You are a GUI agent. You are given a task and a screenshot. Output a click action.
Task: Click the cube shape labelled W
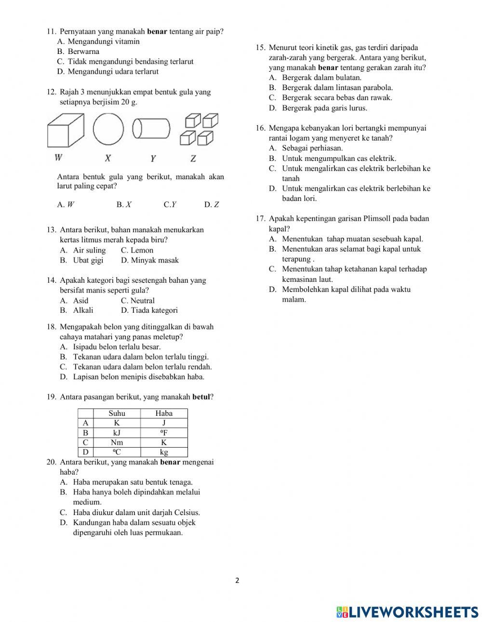[x=66, y=131]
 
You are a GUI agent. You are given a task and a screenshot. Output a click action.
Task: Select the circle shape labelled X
[x=108, y=129]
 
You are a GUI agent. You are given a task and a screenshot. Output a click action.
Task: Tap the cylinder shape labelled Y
[x=151, y=129]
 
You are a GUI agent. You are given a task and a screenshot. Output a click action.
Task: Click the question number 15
[x=260, y=47]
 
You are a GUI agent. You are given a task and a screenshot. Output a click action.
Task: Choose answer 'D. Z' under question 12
[x=212, y=204]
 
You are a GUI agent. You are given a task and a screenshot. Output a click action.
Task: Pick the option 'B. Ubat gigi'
[x=81, y=260]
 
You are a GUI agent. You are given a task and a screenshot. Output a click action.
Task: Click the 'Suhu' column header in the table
[x=117, y=413]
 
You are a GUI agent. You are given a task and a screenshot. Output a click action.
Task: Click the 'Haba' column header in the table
[x=164, y=413]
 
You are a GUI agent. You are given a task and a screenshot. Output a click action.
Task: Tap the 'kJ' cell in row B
[x=117, y=433]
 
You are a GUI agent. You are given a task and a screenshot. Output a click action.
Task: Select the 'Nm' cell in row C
[x=117, y=442]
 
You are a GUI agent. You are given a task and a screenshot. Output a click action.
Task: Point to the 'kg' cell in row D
[x=164, y=452]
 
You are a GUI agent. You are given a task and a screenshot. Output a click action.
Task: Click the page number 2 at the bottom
[x=237, y=581]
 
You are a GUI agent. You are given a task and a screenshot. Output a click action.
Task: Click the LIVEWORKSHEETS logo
[x=407, y=612]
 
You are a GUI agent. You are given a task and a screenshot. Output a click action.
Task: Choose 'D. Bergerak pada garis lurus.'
[x=318, y=108]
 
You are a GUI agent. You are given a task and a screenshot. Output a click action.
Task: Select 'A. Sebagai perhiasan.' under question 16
[x=306, y=148]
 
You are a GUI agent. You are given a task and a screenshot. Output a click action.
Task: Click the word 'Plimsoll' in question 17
[x=377, y=219]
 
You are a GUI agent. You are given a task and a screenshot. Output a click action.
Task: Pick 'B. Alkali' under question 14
[x=77, y=310]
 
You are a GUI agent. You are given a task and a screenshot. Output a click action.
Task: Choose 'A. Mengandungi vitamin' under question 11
[x=98, y=41]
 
